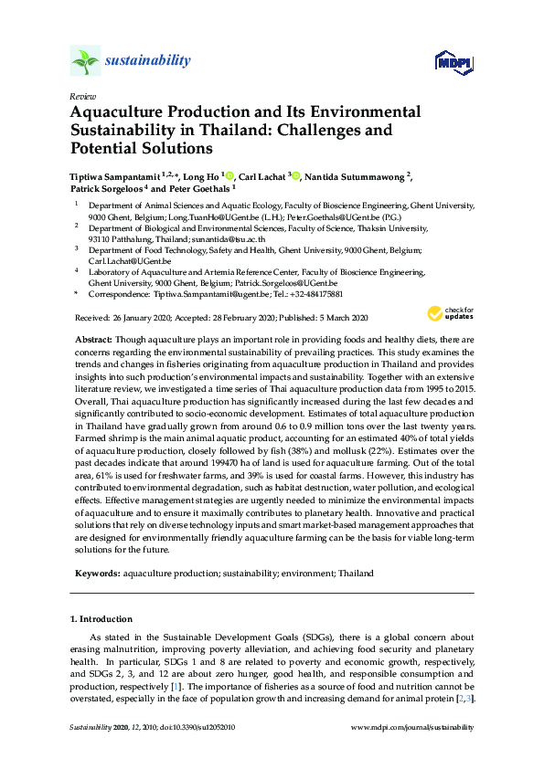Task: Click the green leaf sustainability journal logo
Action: (85, 61)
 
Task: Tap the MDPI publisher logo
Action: (454, 62)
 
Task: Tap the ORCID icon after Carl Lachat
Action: (294, 174)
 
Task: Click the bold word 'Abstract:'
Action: (94, 339)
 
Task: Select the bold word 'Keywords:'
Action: (97, 573)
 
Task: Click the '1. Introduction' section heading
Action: (101, 618)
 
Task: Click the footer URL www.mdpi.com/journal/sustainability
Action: (413, 727)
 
